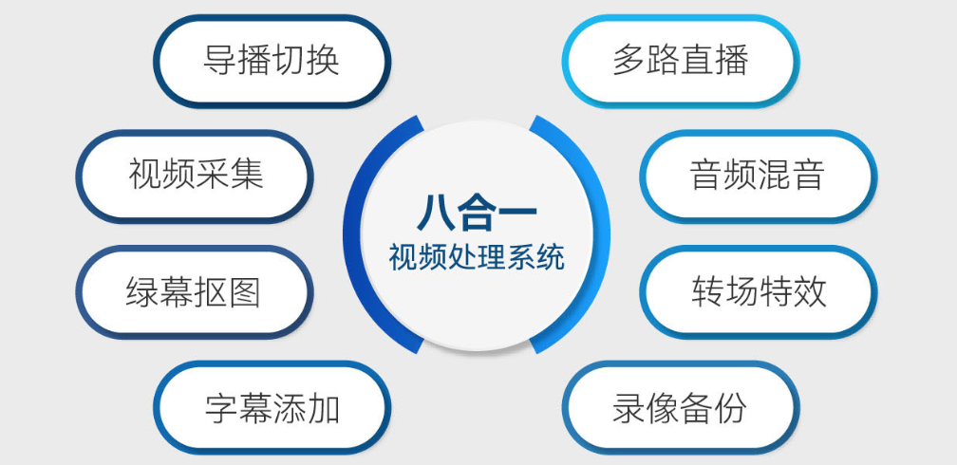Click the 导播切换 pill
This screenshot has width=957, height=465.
(272, 61)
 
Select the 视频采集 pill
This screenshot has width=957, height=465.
(195, 176)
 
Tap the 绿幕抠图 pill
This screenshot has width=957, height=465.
(194, 292)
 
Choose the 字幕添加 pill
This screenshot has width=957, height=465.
(272, 408)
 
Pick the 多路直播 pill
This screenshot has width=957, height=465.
(680, 61)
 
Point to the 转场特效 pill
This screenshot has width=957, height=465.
(758, 292)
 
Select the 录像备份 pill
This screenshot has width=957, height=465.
(680, 408)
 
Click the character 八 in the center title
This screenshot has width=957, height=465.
(435, 213)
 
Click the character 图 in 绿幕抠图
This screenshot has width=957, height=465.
(244, 292)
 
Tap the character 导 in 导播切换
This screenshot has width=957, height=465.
(221, 61)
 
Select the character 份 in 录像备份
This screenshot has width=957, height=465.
(730, 408)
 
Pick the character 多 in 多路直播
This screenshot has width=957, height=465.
(629, 61)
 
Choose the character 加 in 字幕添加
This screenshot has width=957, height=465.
(323, 408)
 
